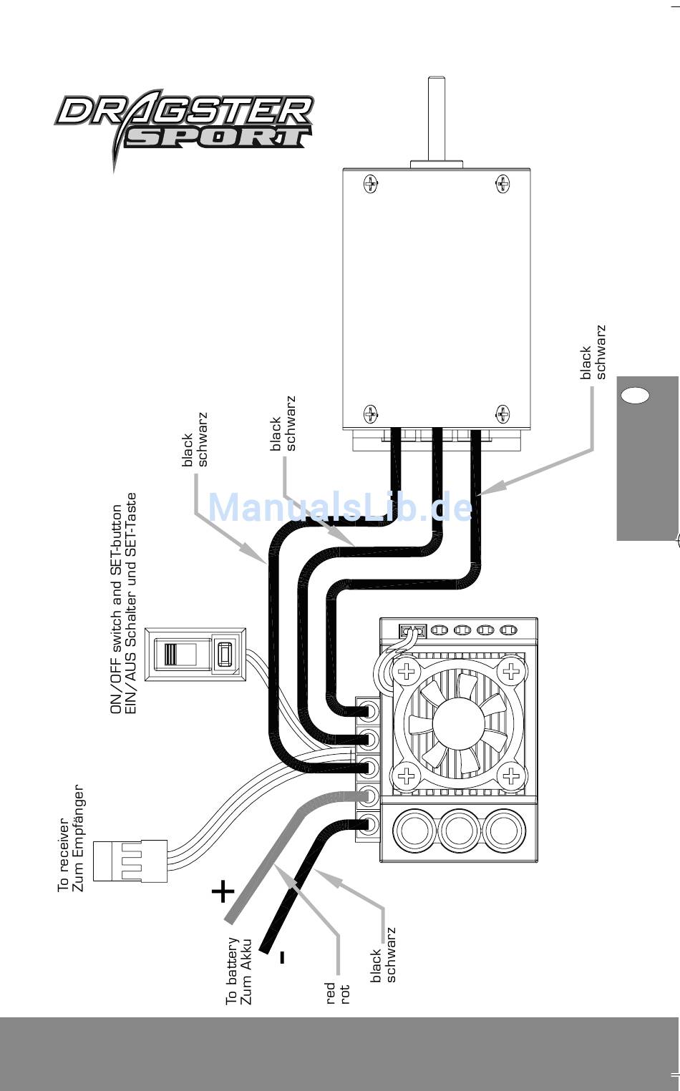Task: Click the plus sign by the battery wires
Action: [x=223, y=891]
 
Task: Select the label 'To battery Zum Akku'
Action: [x=239, y=970]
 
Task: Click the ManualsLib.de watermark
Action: [x=340, y=507]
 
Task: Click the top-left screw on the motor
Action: [x=371, y=184]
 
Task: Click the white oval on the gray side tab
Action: [x=636, y=395]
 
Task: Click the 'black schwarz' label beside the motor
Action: [x=593, y=352]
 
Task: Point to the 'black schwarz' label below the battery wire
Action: [x=383, y=954]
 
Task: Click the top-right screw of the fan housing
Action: [x=511, y=672]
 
